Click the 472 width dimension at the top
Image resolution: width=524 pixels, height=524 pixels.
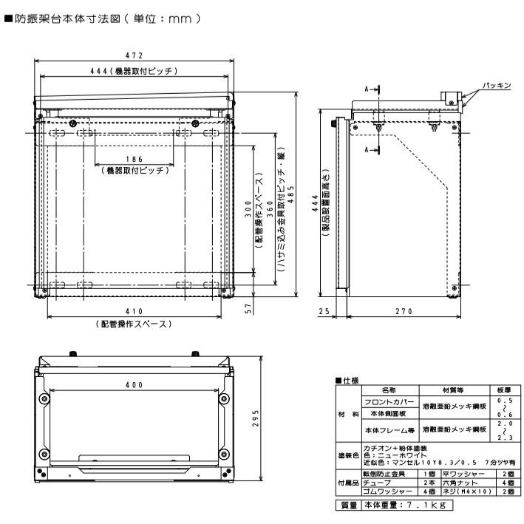click(134, 55)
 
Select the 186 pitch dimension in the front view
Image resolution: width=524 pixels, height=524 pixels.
click(134, 159)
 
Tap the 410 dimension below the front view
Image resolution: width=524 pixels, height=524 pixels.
click(134, 312)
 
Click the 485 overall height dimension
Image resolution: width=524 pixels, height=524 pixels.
click(290, 198)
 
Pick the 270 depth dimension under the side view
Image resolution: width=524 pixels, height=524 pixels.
click(403, 312)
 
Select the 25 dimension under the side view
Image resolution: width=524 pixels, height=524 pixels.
click(323, 312)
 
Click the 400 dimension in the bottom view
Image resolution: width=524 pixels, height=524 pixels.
click(134, 385)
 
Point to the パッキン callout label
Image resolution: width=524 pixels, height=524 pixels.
click(497, 86)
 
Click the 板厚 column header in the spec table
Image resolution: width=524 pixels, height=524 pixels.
click(505, 389)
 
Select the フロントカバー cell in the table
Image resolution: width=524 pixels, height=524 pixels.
click(388, 401)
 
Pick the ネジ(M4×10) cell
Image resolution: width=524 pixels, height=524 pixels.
click(464, 490)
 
